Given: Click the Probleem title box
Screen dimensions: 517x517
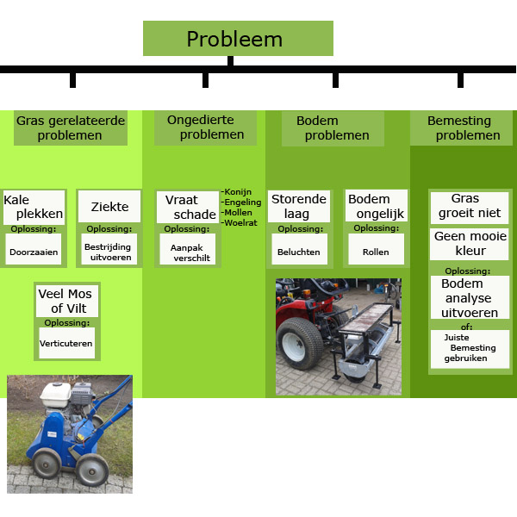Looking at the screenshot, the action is (x=238, y=38).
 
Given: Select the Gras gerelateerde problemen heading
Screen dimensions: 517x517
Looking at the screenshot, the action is (x=71, y=128).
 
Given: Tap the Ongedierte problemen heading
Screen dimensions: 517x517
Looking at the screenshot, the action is (x=205, y=128).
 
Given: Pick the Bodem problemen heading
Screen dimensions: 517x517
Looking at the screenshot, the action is (x=333, y=128).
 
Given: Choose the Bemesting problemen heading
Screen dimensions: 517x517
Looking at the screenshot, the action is (x=461, y=128).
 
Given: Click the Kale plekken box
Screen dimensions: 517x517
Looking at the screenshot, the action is (x=34, y=208).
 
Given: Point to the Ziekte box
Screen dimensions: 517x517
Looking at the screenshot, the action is (x=109, y=207).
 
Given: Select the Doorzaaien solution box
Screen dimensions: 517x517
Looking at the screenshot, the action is (x=34, y=249).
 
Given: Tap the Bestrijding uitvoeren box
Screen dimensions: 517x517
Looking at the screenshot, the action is (x=109, y=249).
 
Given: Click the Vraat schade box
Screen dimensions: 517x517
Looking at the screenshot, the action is (x=188, y=207).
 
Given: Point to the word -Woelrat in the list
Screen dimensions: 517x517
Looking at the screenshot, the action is (x=239, y=223).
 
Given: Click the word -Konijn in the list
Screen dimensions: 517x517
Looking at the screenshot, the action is (x=236, y=192).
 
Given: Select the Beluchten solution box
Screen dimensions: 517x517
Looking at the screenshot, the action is (x=299, y=249).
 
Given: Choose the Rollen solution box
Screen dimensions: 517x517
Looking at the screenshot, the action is (x=377, y=249).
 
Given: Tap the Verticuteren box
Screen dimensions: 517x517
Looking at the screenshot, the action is (x=67, y=343).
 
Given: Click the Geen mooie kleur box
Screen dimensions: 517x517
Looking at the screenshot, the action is (x=470, y=245).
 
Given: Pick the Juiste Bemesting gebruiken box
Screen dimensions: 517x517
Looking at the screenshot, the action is (x=470, y=349).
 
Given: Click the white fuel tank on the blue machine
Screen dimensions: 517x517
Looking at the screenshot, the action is (x=55, y=395).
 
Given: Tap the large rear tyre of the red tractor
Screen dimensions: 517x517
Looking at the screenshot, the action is (x=300, y=344).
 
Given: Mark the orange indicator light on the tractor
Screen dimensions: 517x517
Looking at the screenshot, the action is (x=307, y=293).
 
